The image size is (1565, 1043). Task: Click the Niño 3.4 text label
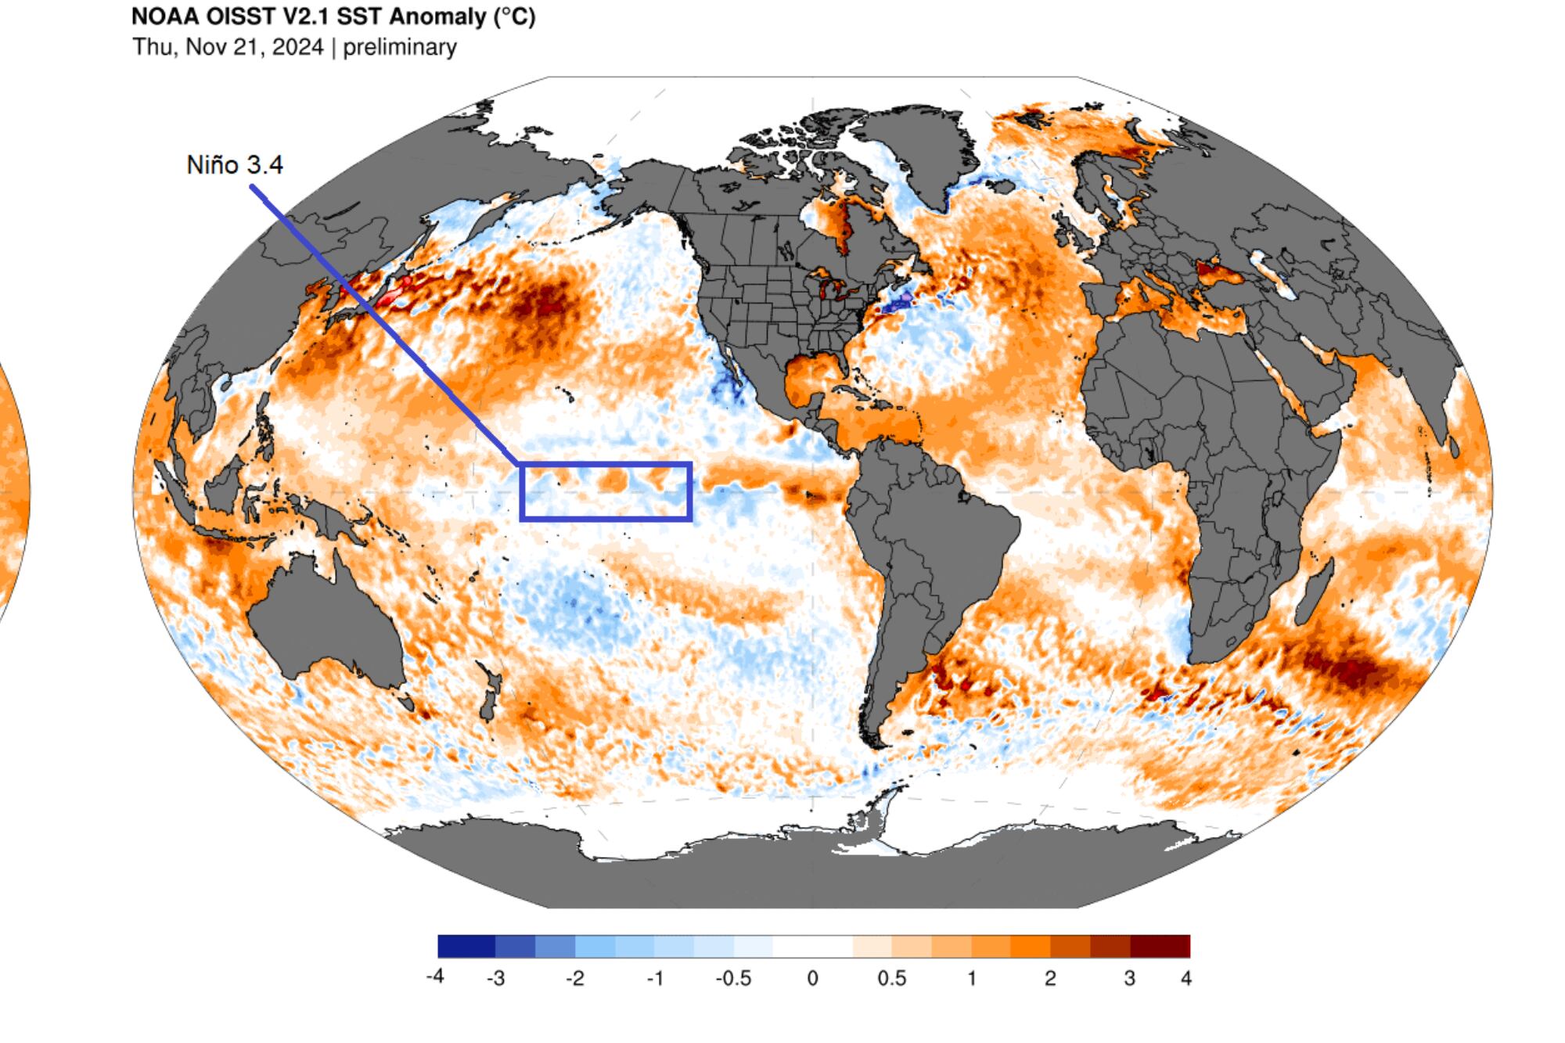[x=234, y=165]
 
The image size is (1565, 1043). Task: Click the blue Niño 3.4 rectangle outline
[x=606, y=465]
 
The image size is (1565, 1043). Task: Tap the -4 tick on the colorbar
[x=435, y=977]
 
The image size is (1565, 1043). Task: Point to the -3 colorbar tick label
[x=495, y=978]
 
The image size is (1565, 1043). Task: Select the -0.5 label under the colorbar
[x=733, y=978]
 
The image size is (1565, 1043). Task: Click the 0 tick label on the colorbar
[x=812, y=978]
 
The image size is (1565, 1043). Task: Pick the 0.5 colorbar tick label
[x=891, y=978]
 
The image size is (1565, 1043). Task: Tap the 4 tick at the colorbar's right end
[x=1186, y=978]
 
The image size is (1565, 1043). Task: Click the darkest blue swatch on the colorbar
[x=466, y=946]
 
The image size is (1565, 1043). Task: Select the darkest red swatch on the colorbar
[x=1160, y=946]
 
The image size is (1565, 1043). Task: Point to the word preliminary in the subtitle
[x=400, y=47]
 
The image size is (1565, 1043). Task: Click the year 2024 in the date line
[x=298, y=47]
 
